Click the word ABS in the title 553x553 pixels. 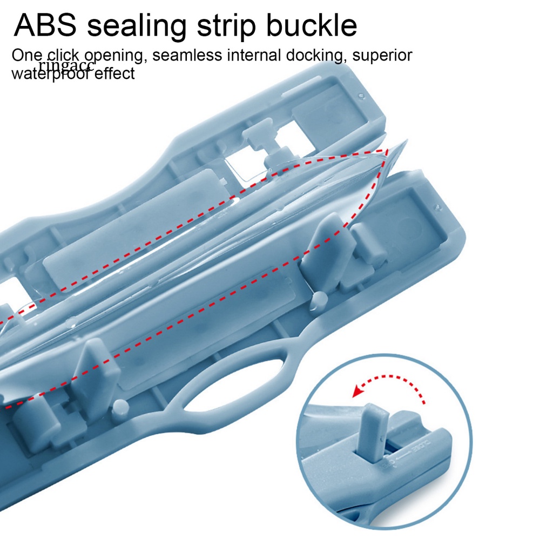(45, 25)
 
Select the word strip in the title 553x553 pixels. (237, 26)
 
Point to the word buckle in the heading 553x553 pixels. (319, 25)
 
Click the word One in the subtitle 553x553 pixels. (27, 55)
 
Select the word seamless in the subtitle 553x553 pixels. (186, 55)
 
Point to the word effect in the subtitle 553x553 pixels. (115, 73)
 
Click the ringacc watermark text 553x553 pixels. (66, 66)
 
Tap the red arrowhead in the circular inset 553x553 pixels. (356, 390)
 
